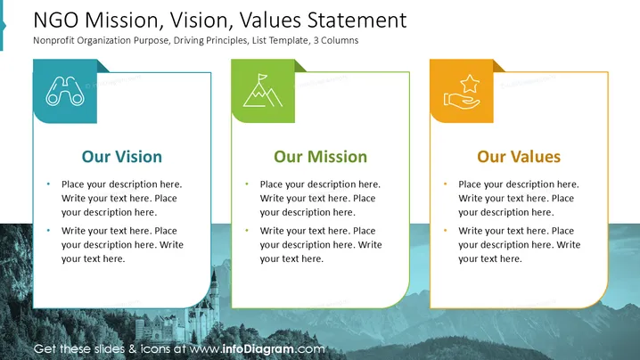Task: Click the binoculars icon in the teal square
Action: [65, 91]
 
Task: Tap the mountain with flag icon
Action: [262, 91]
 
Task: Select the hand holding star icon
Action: [462, 92]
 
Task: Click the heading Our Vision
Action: [121, 157]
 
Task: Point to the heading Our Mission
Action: [320, 157]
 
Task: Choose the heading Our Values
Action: [519, 157]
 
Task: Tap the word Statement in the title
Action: [357, 20]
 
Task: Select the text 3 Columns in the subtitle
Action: [336, 40]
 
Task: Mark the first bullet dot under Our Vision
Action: [48, 184]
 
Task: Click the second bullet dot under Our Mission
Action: [247, 231]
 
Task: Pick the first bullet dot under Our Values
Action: [446, 184]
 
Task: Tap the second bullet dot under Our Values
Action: [446, 231]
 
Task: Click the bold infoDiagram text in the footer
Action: [258, 349]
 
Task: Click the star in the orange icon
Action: [470, 83]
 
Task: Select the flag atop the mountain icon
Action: [262, 78]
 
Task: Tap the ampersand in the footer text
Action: [132, 349]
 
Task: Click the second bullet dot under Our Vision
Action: [48, 231]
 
